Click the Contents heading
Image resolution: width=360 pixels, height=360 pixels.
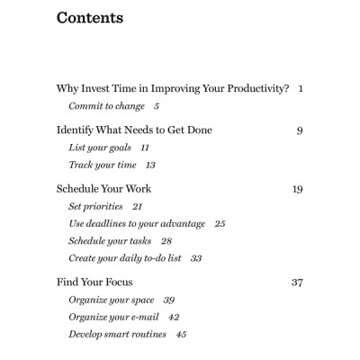[90, 18]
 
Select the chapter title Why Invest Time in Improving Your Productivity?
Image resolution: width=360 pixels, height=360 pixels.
[173, 88]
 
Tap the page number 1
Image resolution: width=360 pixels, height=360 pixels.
[300, 88]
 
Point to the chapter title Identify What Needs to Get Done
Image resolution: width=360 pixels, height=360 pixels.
[134, 130]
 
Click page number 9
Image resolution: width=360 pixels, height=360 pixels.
[299, 130]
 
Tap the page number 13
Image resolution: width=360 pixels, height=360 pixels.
[150, 165]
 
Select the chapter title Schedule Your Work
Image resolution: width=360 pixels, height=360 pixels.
[103, 189]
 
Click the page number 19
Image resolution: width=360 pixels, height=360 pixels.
[297, 189]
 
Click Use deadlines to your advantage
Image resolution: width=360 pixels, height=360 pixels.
[137, 223]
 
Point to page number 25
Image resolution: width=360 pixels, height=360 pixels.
[220, 223]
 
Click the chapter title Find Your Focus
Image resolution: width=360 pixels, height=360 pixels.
[95, 282]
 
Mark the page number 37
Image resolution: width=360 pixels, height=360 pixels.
[297, 282]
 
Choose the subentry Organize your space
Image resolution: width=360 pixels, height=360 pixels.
[112, 300]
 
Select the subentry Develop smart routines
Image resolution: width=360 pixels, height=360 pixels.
[115, 334]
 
